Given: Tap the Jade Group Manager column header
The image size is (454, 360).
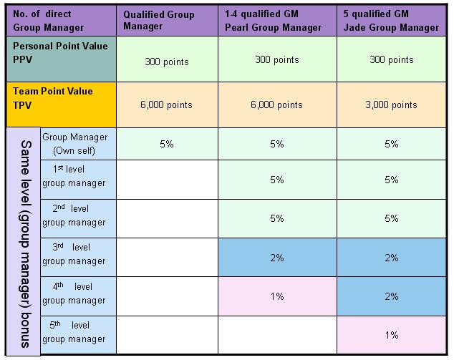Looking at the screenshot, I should coord(391,21).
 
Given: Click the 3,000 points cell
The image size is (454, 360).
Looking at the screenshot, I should coord(391,104).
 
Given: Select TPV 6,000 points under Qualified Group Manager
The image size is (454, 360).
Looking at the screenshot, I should coord(166,104).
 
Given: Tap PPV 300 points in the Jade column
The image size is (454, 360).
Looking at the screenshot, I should coord(391,59).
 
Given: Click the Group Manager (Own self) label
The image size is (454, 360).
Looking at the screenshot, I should coord(74,143).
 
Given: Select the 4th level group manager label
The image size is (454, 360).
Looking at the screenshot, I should coord(74,294).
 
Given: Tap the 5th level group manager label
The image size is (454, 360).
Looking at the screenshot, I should coord(74,333).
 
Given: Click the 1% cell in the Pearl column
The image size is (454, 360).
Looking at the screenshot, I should coord(277,296).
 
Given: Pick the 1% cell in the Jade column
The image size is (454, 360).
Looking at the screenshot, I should coord(391,335).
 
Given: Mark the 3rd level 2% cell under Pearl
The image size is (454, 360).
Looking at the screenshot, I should coord(277,257).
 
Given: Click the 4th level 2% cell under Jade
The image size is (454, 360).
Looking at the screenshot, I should coord(391,296).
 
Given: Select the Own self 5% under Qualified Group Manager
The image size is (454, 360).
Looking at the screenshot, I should coord(166,144).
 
